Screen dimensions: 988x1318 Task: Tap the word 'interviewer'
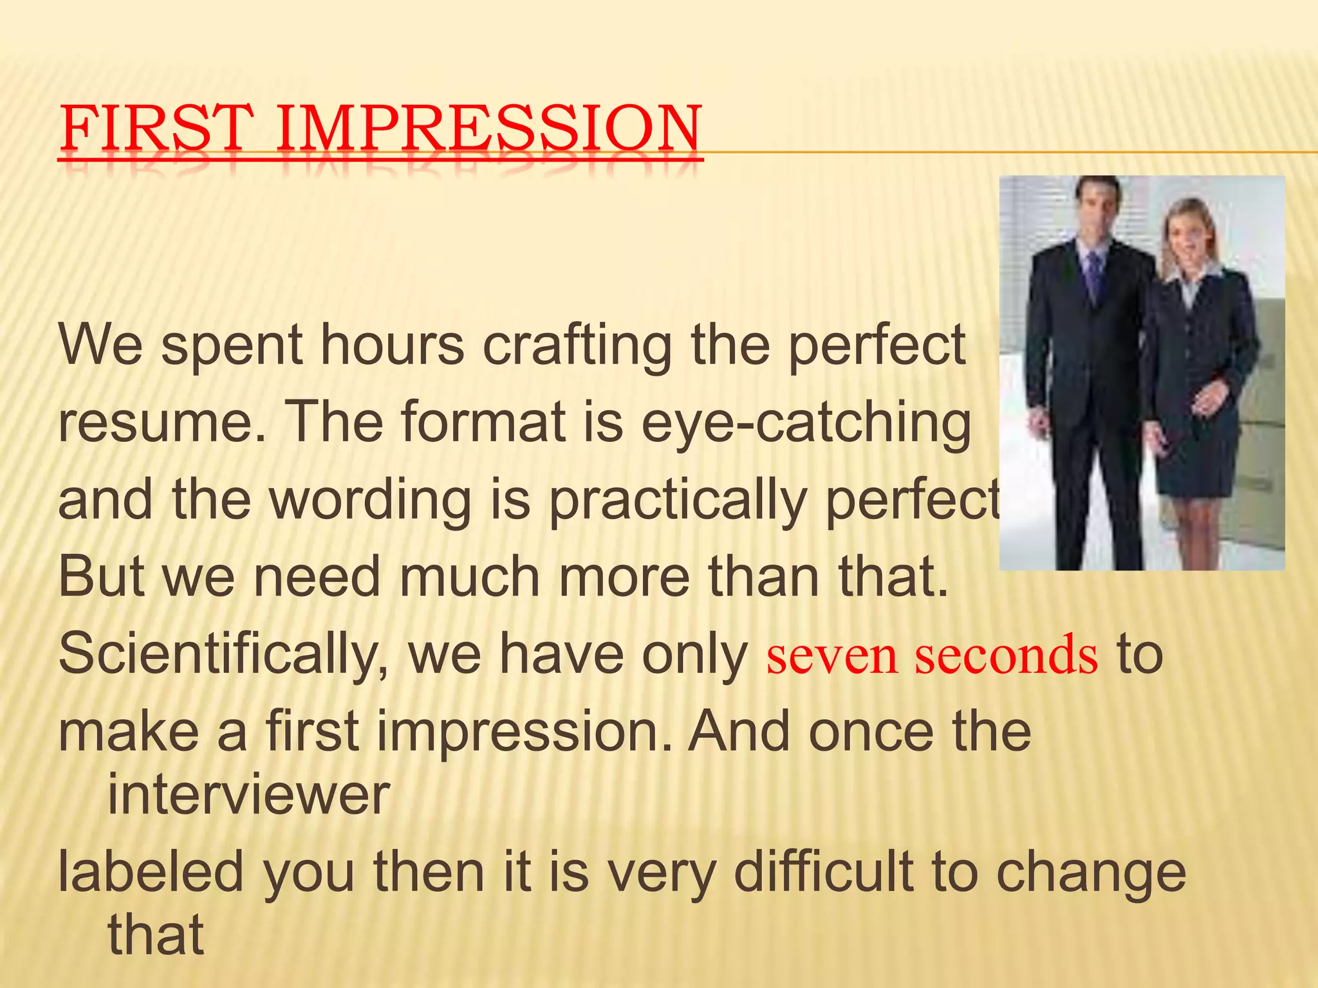point(248,795)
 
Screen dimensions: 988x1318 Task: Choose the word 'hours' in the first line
point(392,346)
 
